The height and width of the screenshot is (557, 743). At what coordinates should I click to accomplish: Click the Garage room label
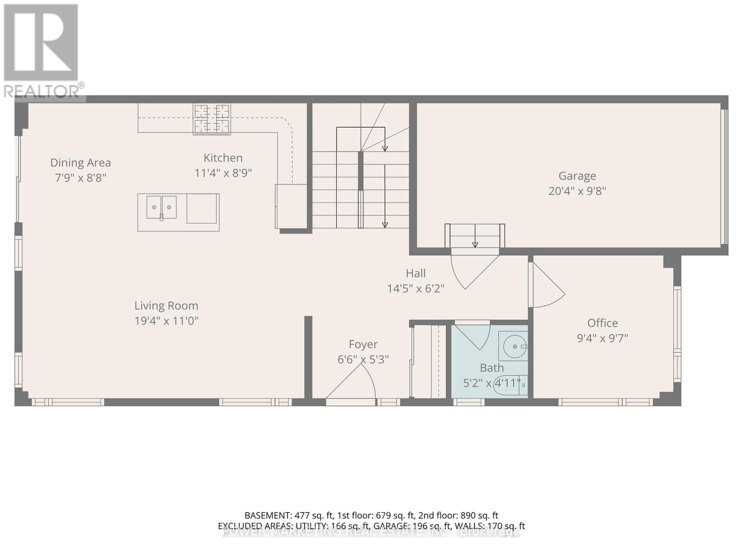pyautogui.click(x=577, y=176)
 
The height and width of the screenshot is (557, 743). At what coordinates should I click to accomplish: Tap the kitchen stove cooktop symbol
pyautogui.click(x=212, y=119)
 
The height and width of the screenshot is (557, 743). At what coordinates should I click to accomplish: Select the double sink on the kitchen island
pyautogui.click(x=162, y=207)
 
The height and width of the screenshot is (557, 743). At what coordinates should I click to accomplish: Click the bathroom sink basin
pyautogui.click(x=514, y=346)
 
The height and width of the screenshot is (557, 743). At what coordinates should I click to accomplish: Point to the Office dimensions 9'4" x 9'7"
pyautogui.click(x=602, y=338)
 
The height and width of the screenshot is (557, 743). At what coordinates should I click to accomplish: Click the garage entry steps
pyautogui.click(x=475, y=236)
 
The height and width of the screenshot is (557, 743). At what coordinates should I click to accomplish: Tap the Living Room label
pyautogui.click(x=166, y=305)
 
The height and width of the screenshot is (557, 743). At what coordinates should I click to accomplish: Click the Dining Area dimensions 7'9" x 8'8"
pyautogui.click(x=81, y=178)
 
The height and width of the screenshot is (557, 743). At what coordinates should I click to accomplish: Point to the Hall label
pyautogui.click(x=416, y=273)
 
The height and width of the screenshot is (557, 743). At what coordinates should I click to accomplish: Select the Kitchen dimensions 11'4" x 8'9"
pyautogui.click(x=223, y=173)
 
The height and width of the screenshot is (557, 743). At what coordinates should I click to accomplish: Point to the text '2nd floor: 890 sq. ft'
pyautogui.click(x=458, y=515)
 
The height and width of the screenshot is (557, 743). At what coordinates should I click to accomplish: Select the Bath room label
pyautogui.click(x=492, y=368)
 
